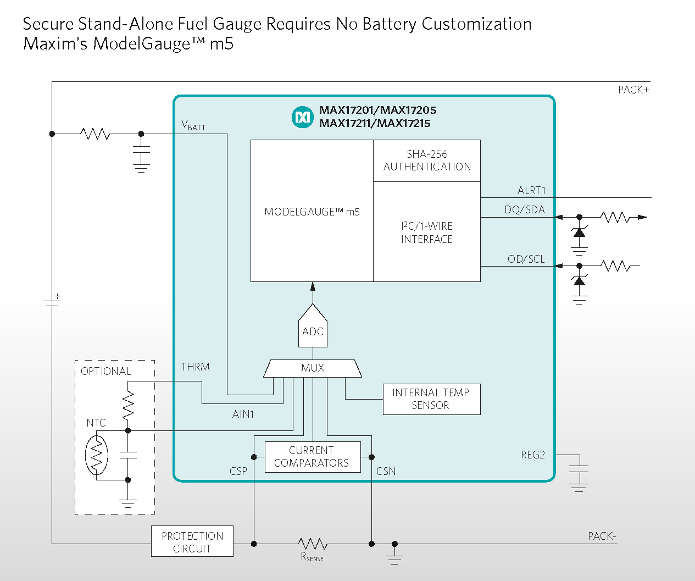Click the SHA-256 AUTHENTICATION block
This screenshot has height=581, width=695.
tap(427, 161)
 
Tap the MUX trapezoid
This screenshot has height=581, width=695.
tap(313, 368)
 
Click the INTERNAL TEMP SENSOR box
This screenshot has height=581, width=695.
tap(431, 399)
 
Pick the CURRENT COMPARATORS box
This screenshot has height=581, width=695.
tap(312, 457)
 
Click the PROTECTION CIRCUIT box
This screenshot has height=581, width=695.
tap(192, 542)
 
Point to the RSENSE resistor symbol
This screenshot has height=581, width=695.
tap(313, 544)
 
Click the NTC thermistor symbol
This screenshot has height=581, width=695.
tap(97, 455)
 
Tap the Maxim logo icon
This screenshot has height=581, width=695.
tap(302, 117)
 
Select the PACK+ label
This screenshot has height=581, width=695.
tap(633, 90)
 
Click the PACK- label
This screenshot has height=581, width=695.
tap(602, 536)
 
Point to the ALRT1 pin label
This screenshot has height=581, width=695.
tap(531, 191)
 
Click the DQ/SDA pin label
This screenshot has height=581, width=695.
tap(525, 210)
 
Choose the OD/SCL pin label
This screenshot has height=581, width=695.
tap(526, 259)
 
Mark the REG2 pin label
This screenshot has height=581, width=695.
tap(532, 455)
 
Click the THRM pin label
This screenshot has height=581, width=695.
tap(196, 367)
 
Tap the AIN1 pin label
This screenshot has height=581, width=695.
tap(243, 414)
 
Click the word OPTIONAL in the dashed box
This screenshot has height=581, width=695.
tap(106, 371)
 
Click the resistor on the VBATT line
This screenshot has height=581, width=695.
tap(95, 134)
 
